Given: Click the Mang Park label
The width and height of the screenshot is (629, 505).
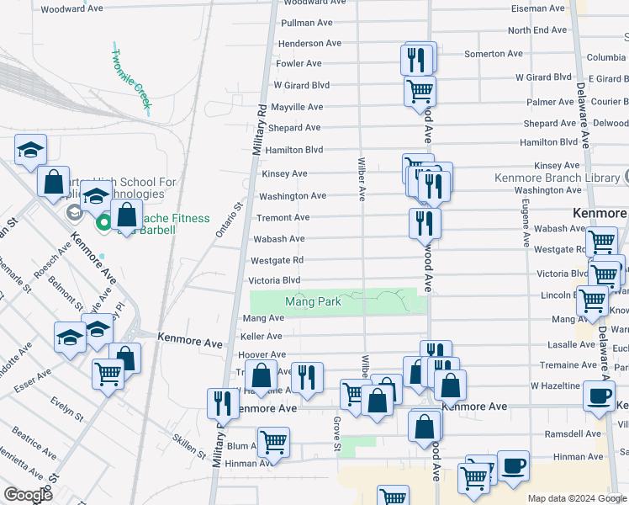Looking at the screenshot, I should point(313,301).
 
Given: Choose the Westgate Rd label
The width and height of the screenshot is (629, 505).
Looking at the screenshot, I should point(277,260).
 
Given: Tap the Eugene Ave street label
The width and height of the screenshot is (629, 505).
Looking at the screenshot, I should point(526,222).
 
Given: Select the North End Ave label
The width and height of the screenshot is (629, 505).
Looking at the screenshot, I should point(537,29).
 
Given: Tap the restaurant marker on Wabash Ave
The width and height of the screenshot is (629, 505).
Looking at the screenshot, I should point(425,223).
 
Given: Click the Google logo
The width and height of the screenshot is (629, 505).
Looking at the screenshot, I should point(28,496).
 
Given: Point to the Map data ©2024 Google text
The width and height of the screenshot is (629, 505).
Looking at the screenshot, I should point(576,498).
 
